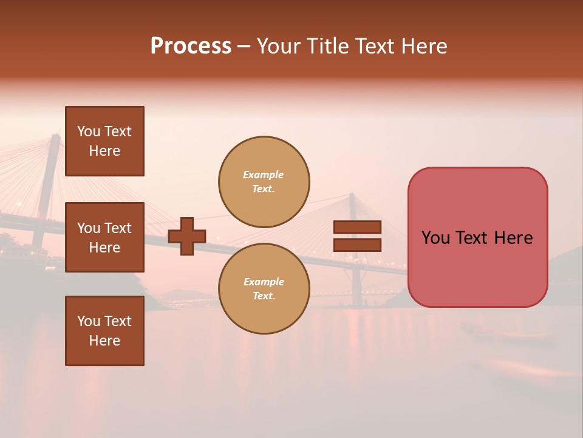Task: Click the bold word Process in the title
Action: point(191,46)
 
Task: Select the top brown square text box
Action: point(104,141)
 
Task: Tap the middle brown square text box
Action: point(104,237)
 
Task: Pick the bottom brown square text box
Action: point(104,331)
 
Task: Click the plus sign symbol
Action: point(187,236)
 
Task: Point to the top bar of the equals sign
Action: point(357,228)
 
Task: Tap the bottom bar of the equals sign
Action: point(357,245)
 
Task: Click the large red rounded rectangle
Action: point(477,274)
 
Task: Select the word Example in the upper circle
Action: point(263,175)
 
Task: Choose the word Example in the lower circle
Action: point(264,282)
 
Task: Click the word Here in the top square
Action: point(104,151)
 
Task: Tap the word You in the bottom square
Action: point(89,321)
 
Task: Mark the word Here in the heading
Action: point(423,46)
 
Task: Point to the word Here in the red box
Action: point(513,238)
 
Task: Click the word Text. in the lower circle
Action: point(264,296)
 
